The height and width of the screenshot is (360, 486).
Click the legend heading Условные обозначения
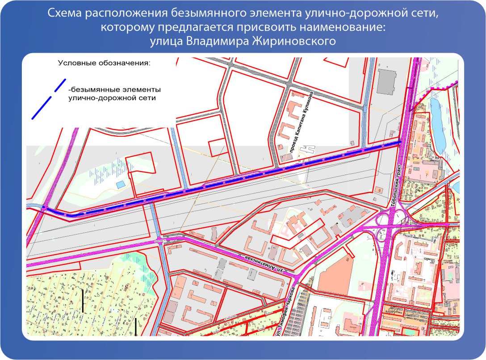[105, 63]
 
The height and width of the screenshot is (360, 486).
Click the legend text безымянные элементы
[115, 88]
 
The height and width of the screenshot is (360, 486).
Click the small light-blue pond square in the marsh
[120, 184]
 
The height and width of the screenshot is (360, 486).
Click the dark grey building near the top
[386, 82]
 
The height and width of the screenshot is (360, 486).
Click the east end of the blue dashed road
[399, 142]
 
